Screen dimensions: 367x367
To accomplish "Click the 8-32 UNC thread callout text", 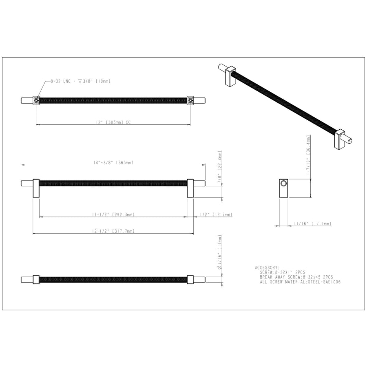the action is click(x=80, y=81).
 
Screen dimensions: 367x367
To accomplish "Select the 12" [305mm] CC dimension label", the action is click(x=113, y=122).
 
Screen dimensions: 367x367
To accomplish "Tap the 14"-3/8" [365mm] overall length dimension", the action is click(x=113, y=162).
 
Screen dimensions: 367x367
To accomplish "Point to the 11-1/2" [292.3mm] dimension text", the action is click(x=113, y=214).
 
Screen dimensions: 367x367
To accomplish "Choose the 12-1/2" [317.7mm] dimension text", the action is click(x=113, y=231).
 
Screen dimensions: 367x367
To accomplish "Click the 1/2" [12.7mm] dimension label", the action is click(x=216, y=214).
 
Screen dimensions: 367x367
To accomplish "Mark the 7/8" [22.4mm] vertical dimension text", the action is click(x=219, y=167).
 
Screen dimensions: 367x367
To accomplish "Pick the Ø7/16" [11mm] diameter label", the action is click(x=219, y=252).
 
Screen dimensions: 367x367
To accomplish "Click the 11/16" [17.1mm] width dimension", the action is click(x=313, y=224).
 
